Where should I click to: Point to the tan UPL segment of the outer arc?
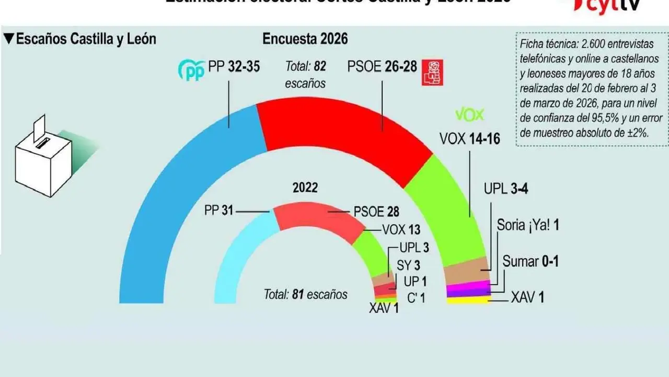[x=466, y=270]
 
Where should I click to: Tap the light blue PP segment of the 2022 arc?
[x=240, y=257]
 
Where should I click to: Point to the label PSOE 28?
[x=376, y=212]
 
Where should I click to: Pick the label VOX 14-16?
[x=469, y=139]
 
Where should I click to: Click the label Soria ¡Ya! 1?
[x=528, y=225]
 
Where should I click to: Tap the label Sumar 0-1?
[x=530, y=261]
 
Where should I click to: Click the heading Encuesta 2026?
[x=305, y=39]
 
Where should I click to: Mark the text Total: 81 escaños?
[x=305, y=294]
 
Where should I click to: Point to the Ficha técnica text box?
[x=591, y=87]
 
